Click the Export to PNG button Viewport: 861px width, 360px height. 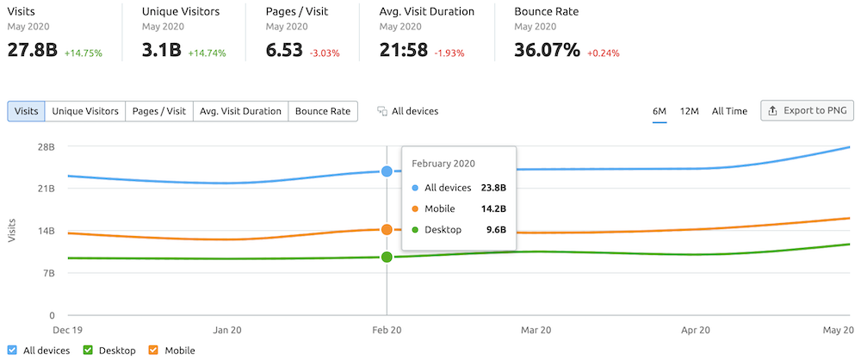point(807,111)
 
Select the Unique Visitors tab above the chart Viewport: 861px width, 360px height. point(85,111)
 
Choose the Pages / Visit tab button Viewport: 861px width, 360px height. point(159,111)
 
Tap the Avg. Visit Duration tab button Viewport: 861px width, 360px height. point(240,111)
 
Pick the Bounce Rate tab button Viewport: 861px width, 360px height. point(323,111)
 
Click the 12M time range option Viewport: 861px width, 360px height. point(689,111)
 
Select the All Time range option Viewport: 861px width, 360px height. point(729,111)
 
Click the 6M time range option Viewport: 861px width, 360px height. point(660,111)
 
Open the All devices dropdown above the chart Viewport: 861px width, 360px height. point(408,111)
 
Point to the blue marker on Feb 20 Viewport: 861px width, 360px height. point(387,171)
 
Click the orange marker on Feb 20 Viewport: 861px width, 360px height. point(387,229)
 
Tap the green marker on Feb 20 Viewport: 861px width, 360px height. point(387,257)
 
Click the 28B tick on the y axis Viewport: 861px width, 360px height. point(46,146)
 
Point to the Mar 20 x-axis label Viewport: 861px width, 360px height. point(536,330)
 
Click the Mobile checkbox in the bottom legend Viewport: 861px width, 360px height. point(154,351)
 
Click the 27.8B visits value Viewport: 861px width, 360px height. point(33,50)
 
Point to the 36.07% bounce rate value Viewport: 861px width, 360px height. point(547,50)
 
